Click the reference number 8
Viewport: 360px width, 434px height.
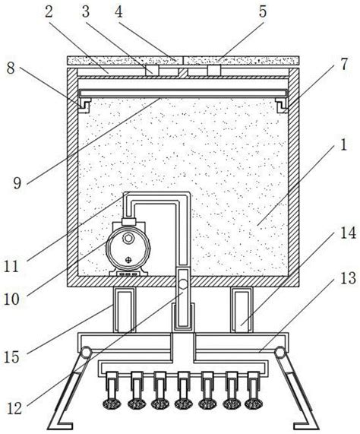11,68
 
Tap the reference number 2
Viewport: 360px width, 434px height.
49,12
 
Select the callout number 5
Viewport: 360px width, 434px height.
262,12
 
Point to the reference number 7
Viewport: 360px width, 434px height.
344,64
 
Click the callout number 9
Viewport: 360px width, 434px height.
17,183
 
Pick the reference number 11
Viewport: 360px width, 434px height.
11,267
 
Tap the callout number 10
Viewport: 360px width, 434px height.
11,299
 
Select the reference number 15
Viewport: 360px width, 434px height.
11,357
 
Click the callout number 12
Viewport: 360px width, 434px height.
14,408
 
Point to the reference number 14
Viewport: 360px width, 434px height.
348,233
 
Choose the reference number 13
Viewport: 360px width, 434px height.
348,278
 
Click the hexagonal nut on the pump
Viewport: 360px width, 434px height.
128,238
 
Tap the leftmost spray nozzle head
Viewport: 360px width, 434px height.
112,404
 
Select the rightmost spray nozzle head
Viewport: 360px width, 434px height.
254,404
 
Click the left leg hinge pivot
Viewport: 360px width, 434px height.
86,353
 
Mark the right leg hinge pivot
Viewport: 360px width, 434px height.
279,353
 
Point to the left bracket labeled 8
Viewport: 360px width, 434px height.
84,106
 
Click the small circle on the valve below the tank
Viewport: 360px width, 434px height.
183,284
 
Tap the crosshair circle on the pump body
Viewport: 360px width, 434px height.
128,260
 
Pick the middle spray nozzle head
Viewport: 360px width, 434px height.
183,404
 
